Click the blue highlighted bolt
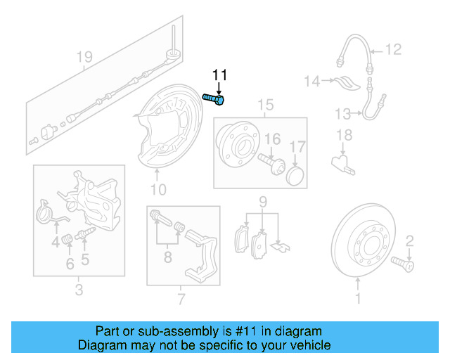214,99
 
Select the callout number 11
220,75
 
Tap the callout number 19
84,57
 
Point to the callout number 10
158,189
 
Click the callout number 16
272,138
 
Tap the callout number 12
392,49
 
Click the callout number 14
312,82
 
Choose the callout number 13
342,113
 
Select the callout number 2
409,241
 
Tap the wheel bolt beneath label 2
404,265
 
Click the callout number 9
262,202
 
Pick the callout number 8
167,258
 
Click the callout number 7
181,300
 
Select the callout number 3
78,290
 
